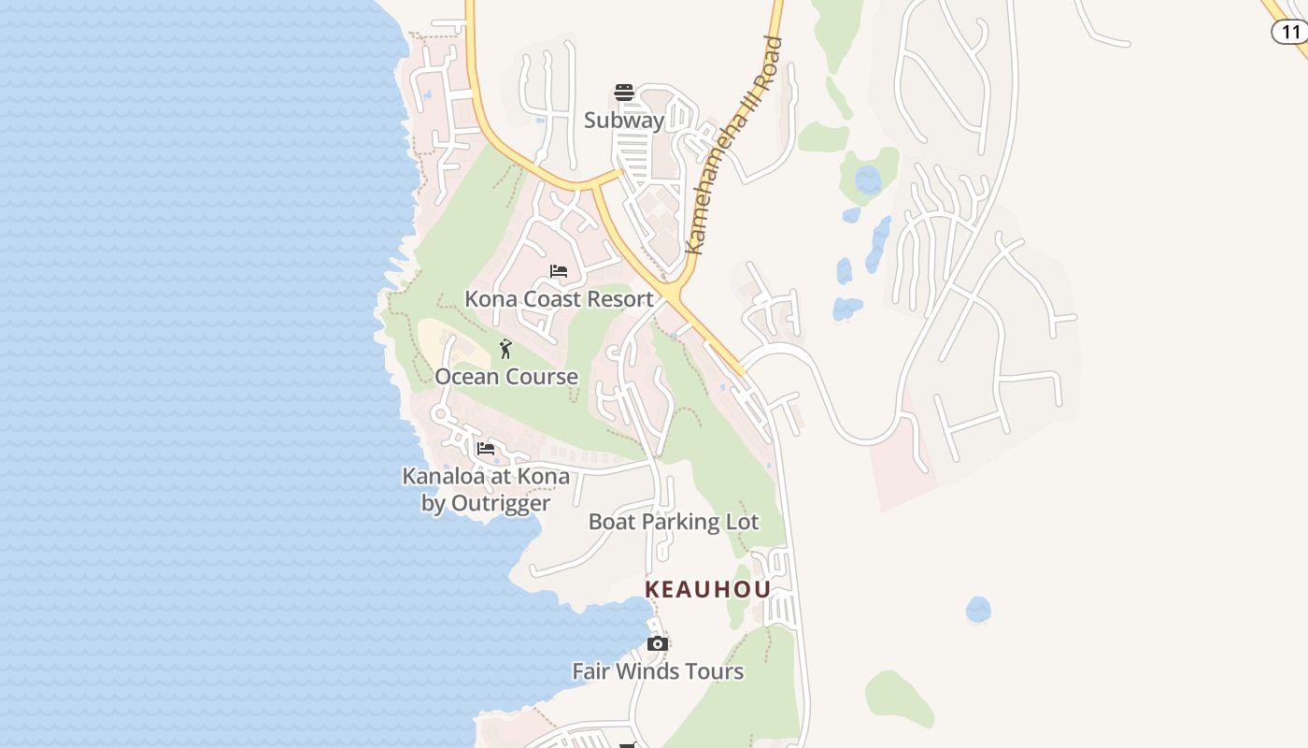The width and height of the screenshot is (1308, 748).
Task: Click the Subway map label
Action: tap(624, 121)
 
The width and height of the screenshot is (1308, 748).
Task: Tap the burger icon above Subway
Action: tap(624, 93)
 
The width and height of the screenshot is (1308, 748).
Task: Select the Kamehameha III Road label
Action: tap(733, 145)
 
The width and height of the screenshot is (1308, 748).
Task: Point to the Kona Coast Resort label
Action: tap(559, 299)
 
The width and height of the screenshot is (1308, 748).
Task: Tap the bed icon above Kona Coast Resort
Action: tap(559, 272)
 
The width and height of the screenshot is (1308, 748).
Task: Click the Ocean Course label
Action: tap(506, 377)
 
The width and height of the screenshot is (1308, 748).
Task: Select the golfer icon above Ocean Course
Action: tap(505, 349)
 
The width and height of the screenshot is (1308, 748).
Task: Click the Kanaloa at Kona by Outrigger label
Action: tap(486, 490)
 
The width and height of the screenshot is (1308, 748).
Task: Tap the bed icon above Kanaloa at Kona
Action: tap(486, 449)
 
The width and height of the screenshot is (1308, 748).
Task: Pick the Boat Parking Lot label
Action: tap(674, 522)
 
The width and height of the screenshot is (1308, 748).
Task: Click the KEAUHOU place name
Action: tap(709, 589)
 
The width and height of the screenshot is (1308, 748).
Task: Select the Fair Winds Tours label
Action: tap(658, 671)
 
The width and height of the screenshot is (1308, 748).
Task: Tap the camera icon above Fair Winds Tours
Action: tap(658, 644)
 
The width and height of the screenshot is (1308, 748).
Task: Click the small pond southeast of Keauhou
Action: tap(978, 610)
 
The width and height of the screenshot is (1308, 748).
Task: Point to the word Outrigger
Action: tap(499, 503)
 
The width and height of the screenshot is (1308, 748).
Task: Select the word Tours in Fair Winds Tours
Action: tap(713, 671)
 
